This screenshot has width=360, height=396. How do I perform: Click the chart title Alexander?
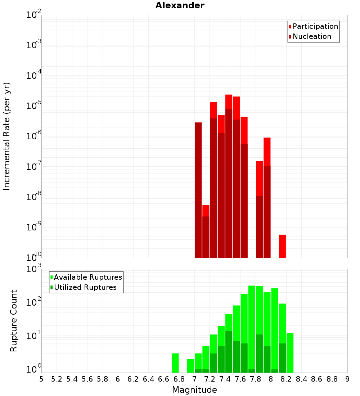click(180, 6)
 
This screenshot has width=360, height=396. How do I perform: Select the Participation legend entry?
click(315, 26)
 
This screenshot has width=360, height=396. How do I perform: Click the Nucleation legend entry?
click(311, 36)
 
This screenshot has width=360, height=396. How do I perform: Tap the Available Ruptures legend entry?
click(87, 277)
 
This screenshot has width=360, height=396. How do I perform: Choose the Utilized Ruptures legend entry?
click(85, 287)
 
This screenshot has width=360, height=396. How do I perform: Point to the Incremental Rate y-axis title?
click(7, 136)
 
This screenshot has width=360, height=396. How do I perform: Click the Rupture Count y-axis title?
click(14, 320)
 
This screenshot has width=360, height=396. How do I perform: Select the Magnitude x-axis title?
click(194, 390)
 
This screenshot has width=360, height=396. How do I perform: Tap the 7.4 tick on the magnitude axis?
click(225, 379)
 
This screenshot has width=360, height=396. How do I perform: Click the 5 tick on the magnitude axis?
click(41, 379)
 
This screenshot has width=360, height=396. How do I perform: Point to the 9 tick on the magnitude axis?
click(347, 379)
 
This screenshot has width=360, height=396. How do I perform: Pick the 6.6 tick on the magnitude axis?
click(164, 379)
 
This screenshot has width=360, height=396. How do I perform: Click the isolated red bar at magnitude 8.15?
click(282, 246)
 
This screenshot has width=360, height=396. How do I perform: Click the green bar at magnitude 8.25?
click(290, 353)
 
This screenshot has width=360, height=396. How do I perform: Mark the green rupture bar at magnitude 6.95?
click(190, 366)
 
